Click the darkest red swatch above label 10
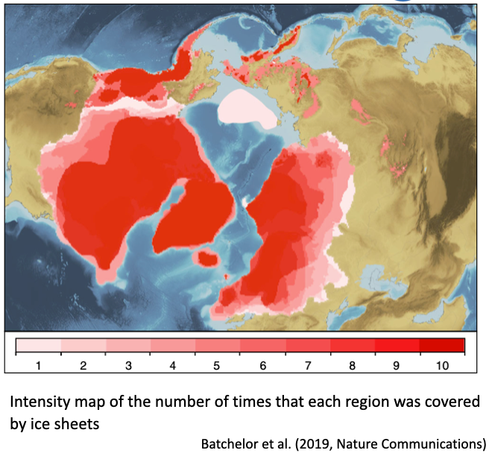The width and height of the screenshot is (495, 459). (441, 345)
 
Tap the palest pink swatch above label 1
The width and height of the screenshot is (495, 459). (39, 345)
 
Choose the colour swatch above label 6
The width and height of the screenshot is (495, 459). (262, 345)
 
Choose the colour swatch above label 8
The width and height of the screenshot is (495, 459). (352, 345)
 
